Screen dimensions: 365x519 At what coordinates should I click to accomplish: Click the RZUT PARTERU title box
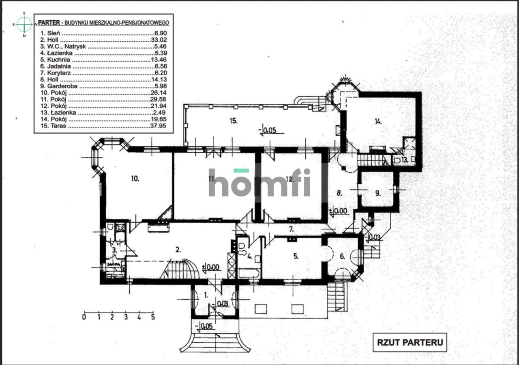(x=410, y=342)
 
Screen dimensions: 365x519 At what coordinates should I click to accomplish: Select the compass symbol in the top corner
(x=24, y=24)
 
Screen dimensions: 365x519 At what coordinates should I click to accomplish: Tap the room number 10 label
(x=135, y=178)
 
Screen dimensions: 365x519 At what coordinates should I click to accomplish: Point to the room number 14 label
(x=378, y=121)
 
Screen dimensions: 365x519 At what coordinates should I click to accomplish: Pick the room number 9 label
(x=378, y=193)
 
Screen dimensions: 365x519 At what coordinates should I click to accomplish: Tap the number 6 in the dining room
(x=341, y=256)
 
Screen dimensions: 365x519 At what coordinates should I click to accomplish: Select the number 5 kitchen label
(x=296, y=256)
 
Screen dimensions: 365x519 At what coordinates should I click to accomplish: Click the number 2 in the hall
(x=178, y=250)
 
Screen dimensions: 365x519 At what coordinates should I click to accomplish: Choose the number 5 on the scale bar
(x=153, y=317)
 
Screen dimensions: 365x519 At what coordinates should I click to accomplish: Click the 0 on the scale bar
(x=84, y=317)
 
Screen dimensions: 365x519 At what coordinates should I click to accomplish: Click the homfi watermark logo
(x=259, y=182)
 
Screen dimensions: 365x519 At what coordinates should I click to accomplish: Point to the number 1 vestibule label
(x=206, y=295)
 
